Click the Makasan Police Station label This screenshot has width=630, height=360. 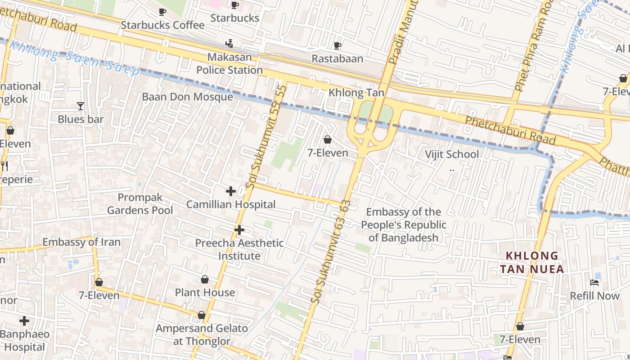click(229, 64)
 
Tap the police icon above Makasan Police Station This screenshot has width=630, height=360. click(229, 44)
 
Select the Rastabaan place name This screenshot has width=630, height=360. click(337, 58)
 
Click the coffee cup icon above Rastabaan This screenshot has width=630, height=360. click(337, 45)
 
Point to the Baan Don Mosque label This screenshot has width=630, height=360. click(188, 97)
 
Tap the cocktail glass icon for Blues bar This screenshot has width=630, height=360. click(81, 106)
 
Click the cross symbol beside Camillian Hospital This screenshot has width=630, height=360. click(231, 191)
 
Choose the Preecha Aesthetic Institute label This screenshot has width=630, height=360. click(239, 249)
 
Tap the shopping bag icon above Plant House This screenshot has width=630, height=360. click(205, 279)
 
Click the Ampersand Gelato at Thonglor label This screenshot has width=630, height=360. click(202, 334)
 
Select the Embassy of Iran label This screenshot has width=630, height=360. click(81, 242)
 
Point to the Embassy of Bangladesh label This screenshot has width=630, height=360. click(404, 225)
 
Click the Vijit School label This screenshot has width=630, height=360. click(452, 154)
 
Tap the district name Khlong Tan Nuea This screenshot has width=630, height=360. click(532, 262)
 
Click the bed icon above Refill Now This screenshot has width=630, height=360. click(594, 283)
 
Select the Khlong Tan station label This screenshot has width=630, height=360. click(356, 93)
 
